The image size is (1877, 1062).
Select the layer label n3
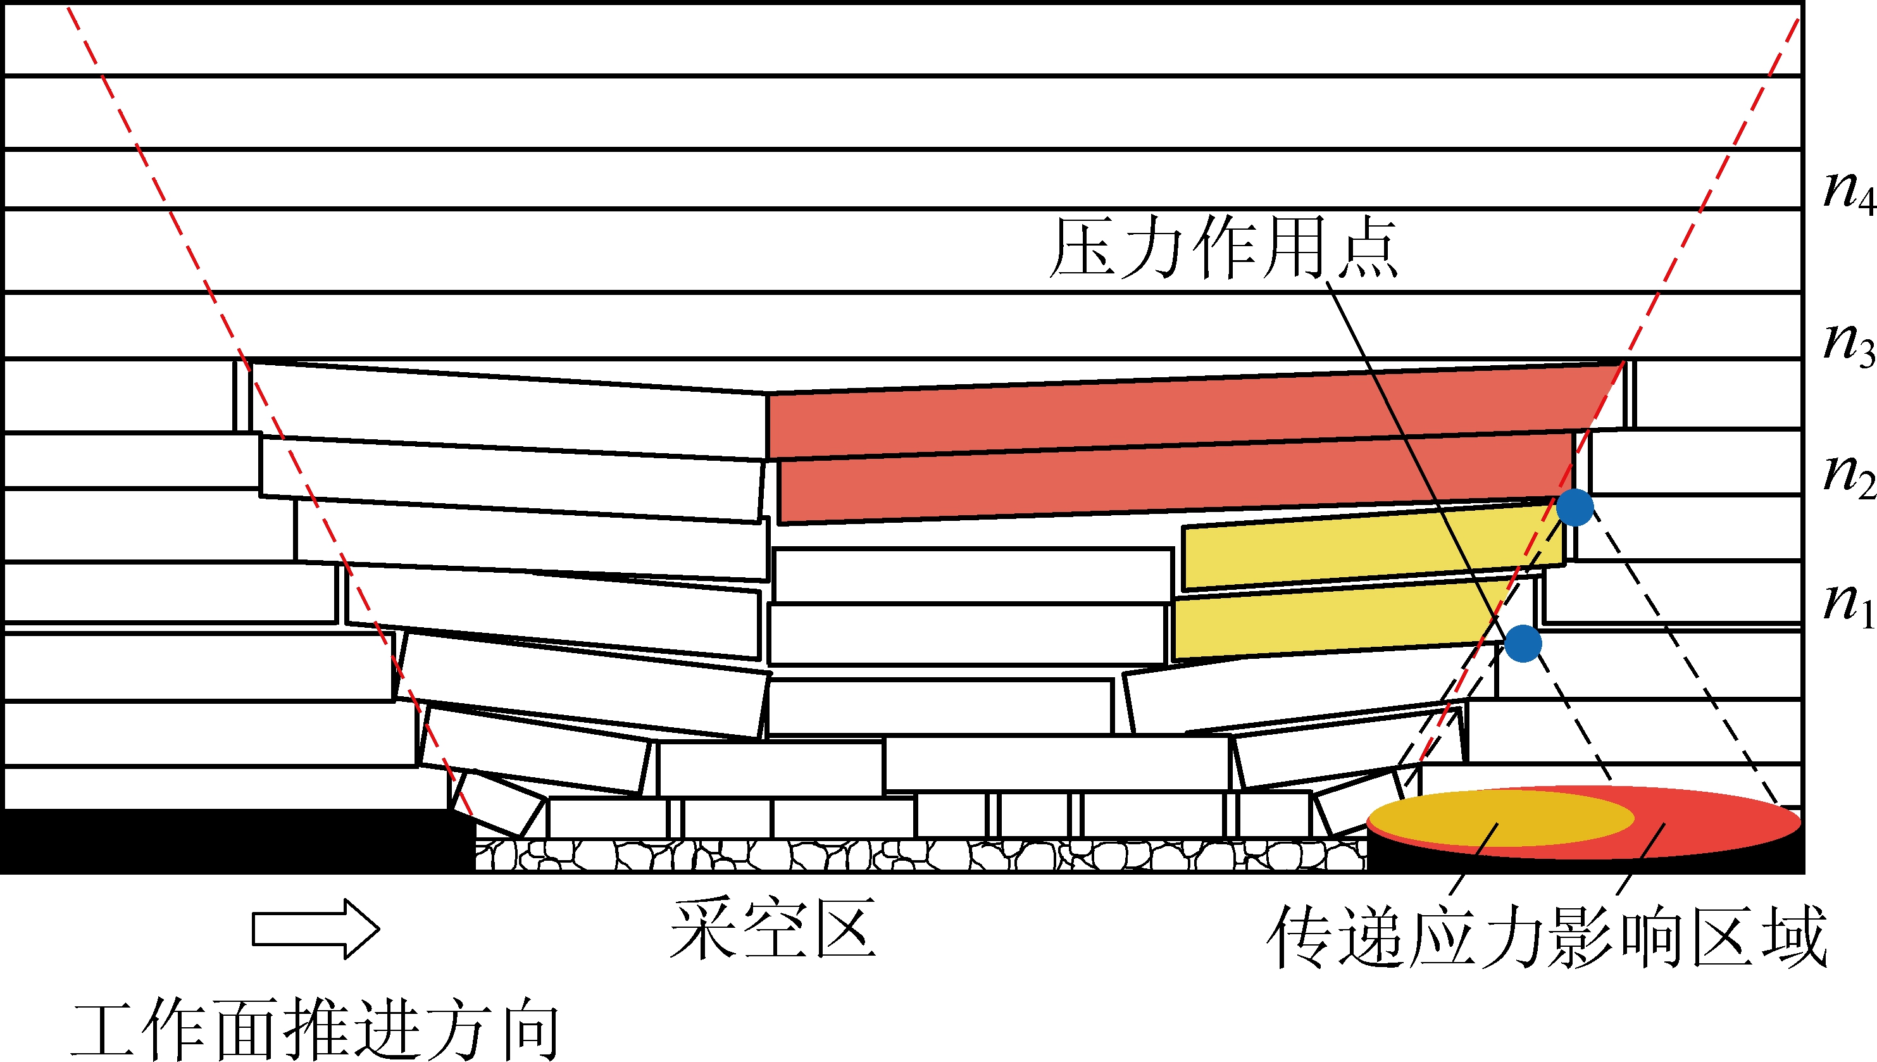(x=1849, y=345)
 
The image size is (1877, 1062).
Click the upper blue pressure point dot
(x=1575, y=508)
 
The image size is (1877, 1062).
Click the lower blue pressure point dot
(x=1523, y=643)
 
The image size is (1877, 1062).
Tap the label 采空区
(x=772, y=930)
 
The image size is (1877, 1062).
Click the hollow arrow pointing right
(x=316, y=929)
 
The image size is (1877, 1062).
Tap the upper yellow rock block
(x=1371, y=547)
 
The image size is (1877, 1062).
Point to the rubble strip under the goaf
(x=919, y=855)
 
